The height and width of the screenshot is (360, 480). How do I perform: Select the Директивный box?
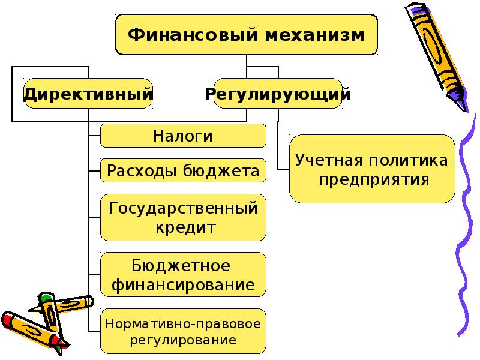(88, 94)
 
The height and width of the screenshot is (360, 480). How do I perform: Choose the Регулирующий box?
(278, 94)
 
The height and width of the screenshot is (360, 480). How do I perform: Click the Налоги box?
(183, 136)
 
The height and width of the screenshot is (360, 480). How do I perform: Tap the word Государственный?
(183, 208)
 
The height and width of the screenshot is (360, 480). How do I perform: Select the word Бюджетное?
(181, 265)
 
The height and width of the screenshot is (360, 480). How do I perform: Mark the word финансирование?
(183, 283)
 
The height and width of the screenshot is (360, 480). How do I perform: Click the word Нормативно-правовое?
(183, 324)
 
